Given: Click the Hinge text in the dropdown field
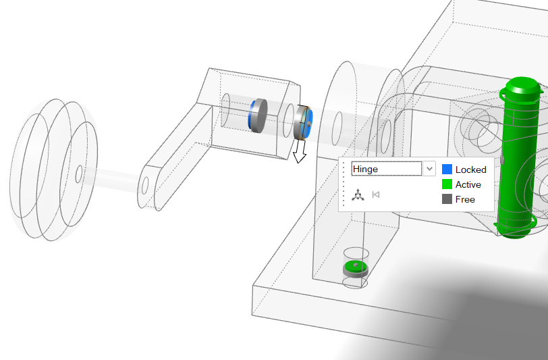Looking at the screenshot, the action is coord(365,170).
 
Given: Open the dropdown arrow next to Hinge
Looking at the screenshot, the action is coord(429,169).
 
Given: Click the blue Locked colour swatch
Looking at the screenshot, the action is coord(447,170).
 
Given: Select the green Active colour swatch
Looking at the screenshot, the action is coord(447,184).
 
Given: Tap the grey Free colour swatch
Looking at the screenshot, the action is coord(447,199).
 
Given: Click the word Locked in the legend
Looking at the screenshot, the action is coord(471,170).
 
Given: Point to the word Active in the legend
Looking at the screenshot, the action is coord(468,184).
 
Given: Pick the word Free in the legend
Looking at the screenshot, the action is coord(465,199).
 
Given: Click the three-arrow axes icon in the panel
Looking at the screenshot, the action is coord(358,195).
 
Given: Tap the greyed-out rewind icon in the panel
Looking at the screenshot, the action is coord(376,195).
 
